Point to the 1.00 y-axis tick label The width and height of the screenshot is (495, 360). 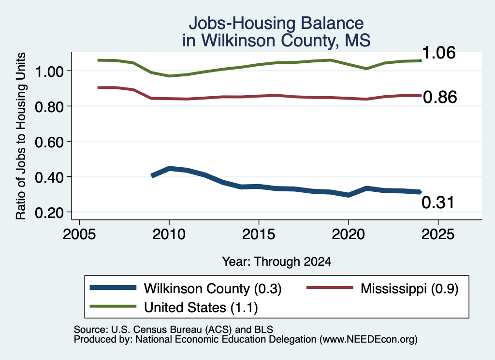[x=49, y=72]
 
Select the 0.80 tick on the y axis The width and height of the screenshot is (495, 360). [x=49, y=107]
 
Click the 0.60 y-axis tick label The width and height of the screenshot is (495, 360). [x=49, y=142]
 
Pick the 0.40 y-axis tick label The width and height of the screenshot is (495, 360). [x=49, y=178]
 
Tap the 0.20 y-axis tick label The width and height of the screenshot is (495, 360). [x=49, y=213]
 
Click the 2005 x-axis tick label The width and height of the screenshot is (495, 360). [x=80, y=234]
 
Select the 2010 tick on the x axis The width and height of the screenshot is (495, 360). [x=169, y=234]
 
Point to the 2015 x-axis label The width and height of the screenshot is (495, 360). [x=259, y=234]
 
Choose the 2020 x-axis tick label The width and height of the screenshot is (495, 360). [x=348, y=234]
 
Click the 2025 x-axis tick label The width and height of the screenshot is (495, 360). [x=438, y=234]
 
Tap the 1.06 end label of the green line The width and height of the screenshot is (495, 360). [x=439, y=53]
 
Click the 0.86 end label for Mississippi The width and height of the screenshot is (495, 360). [x=440, y=97]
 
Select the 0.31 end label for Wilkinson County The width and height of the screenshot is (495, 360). [x=438, y=202]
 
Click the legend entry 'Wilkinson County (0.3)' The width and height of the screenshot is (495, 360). [x=186, y=288]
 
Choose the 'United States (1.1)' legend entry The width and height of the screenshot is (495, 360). [x=174, y=307]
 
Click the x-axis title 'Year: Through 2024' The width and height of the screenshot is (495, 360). [x=277, y=261]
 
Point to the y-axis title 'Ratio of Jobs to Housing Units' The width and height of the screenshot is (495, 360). [x=21, y=136]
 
